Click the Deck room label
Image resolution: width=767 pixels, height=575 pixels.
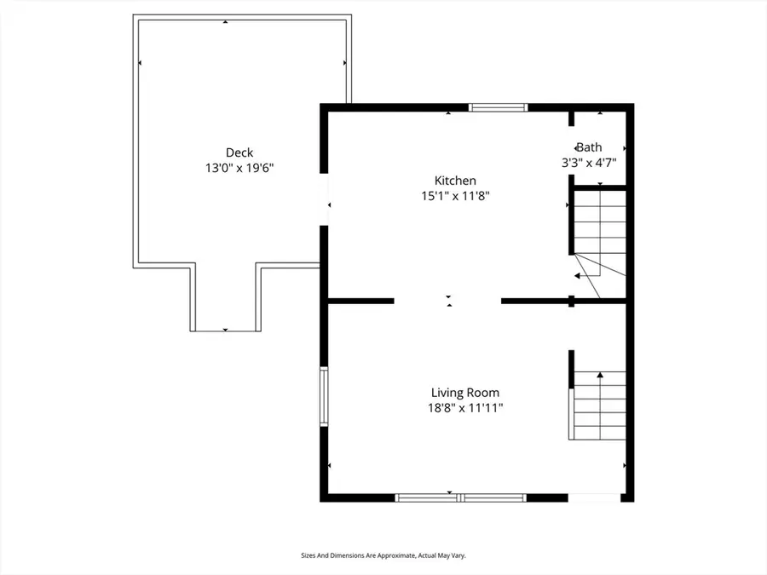(239, 153)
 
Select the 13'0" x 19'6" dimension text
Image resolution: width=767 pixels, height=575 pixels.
(239, 169)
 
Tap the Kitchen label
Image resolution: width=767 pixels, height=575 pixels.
(455, 181)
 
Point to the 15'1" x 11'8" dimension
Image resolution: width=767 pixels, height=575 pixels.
(455, 196)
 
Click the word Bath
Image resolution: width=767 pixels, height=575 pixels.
(589, 147)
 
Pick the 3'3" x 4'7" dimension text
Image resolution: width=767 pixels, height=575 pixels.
(589, 161)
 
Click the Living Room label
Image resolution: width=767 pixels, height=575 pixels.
(464, 393)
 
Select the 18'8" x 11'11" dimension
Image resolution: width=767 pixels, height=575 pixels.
(464, 408)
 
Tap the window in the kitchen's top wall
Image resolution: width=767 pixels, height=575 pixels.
(499, 107)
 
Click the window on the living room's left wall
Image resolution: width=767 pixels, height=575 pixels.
(324, 396)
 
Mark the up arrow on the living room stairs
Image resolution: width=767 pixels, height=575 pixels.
(600, 375)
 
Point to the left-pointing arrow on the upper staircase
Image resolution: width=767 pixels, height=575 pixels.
(579, 276)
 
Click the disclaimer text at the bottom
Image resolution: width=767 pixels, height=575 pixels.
(383, 555)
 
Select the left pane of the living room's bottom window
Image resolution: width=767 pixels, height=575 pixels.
(428, 497)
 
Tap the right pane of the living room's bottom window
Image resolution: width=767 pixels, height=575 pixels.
(493, 497)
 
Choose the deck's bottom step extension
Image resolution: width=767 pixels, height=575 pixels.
(226, 298)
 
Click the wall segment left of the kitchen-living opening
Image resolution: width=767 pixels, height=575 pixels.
(360, 301)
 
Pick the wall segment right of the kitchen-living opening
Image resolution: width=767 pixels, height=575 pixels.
(535, 301)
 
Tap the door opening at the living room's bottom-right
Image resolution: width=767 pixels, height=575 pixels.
(594, 497)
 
